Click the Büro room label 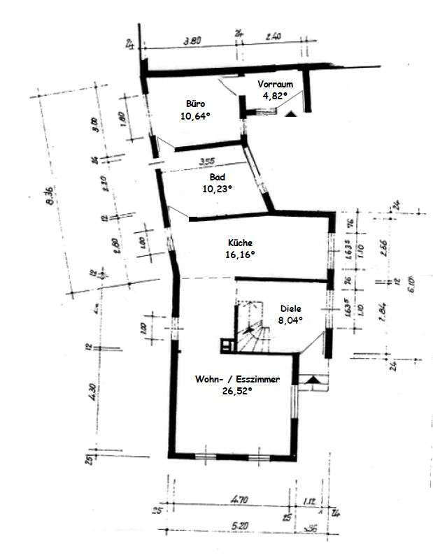195,102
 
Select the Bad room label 217,177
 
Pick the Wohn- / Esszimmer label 238,379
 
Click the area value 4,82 275,96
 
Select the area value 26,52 238,392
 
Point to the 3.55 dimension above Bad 206,162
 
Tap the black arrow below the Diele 313,378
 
